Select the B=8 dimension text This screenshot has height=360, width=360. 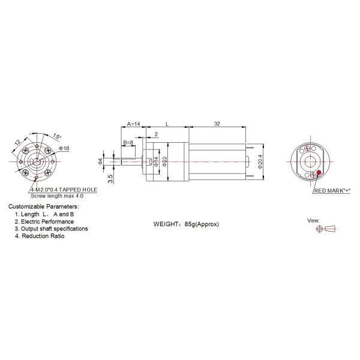pyautogui.click(x=128, y=142)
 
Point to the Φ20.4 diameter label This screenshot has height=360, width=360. pyautogui.click(x=259, y=162)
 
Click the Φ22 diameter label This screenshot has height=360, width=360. pyautogui.click(x=163, y=163)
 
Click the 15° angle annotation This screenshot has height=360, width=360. pyautogui.click(x=57, y=136)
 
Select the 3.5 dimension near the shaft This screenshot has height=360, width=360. pyautogui.click(x=109, y=178)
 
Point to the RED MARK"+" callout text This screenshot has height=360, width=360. pyautogui.click(x=332, y=191)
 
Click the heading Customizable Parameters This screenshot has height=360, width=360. pyautogui.click(x=43, y=206)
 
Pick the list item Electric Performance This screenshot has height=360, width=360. pyautogui.click(x=49, y=221)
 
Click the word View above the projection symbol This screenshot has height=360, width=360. pyautogui.click(x=314, y=220)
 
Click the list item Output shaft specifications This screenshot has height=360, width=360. pyautogui.click(x=55, y=229)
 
